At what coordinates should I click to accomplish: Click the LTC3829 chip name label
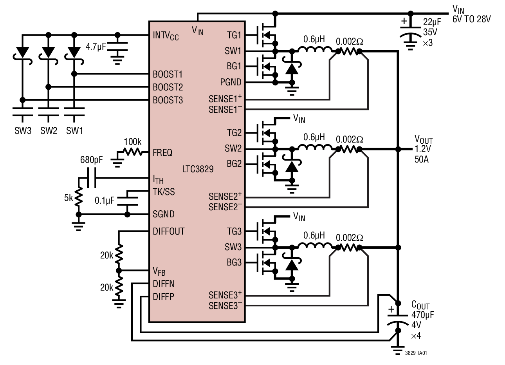point(198,170)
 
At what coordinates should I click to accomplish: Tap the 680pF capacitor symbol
point(91,179)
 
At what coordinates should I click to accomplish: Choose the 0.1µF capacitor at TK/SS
point(127,201)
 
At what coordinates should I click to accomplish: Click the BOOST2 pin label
point(168,87)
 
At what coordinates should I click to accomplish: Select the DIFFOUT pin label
point(168,231)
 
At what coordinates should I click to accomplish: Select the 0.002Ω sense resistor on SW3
point(350,247)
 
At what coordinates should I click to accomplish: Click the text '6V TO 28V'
point(471,19)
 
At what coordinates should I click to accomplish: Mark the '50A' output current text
point(421,159)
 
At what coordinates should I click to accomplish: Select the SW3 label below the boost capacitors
point(23,131)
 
